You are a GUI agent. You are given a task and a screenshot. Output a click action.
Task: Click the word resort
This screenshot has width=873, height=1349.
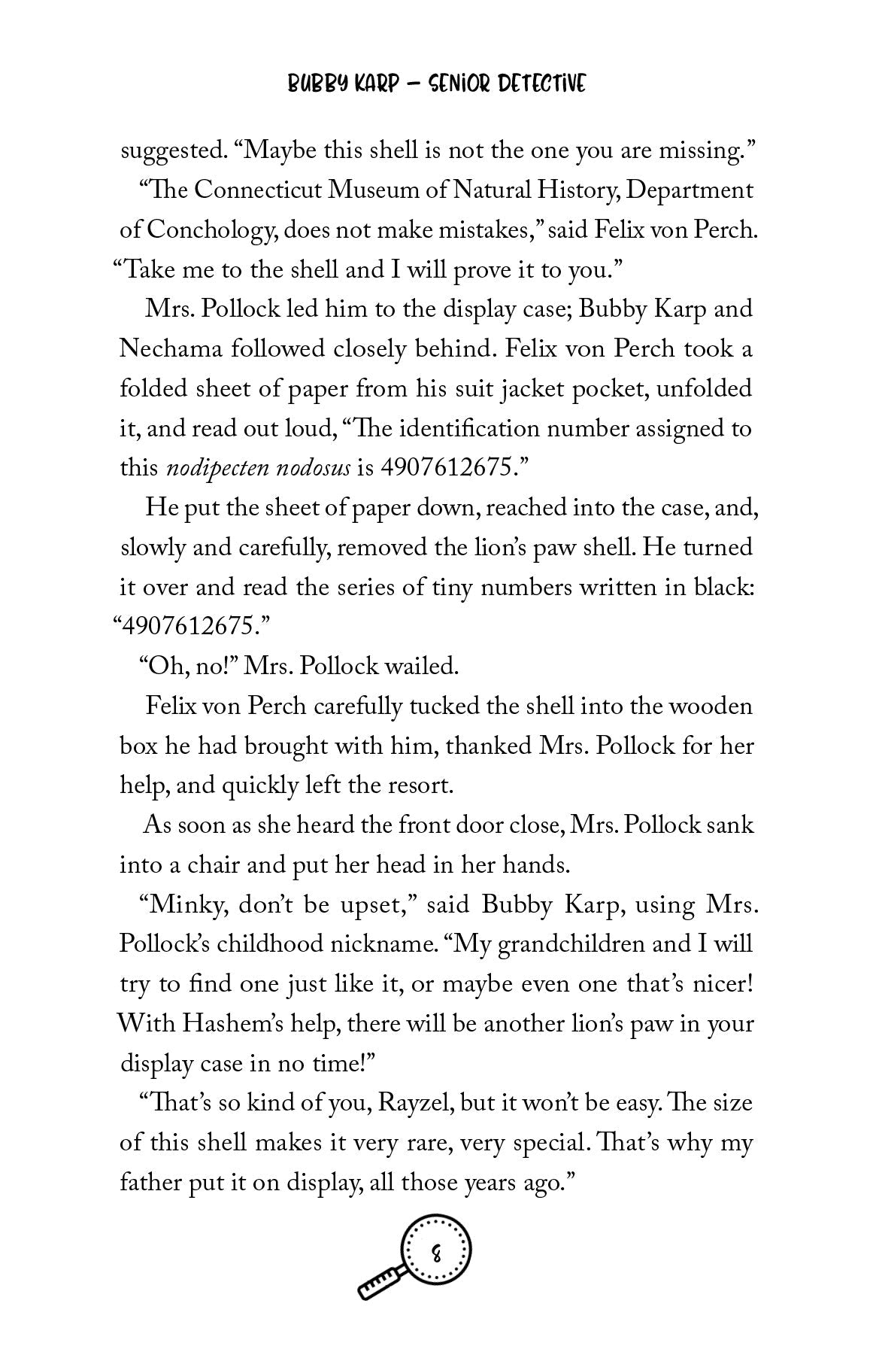[421, 786]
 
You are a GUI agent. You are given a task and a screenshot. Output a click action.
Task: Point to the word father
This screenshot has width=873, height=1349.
[147, 1183]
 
